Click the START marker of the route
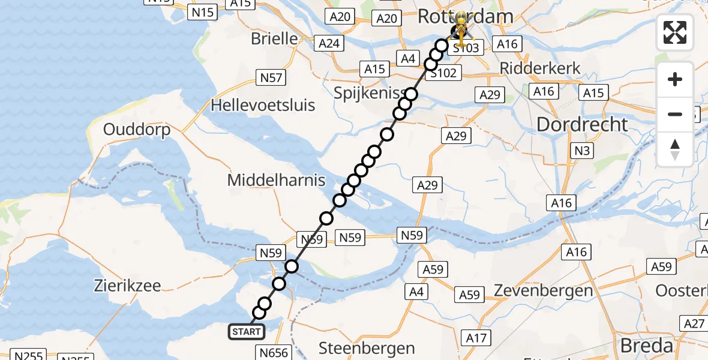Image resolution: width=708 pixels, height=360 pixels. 246,332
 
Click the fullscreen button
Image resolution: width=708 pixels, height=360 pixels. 675,32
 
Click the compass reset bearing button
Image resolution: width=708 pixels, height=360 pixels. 675,149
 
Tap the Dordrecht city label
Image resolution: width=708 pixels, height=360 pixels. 582,125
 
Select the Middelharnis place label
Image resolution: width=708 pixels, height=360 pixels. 276,179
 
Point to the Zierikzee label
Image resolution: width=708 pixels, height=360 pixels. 127,286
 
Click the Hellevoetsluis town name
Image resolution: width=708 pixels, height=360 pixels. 263,106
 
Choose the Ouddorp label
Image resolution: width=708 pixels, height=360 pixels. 137,130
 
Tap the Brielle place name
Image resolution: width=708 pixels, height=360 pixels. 274,39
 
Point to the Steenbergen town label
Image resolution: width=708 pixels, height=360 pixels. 367,348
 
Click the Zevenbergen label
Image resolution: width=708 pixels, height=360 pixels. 543,291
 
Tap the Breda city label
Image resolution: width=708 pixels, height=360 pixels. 646,346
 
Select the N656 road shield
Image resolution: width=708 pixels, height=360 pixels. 273,352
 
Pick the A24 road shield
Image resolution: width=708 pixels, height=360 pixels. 329,44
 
